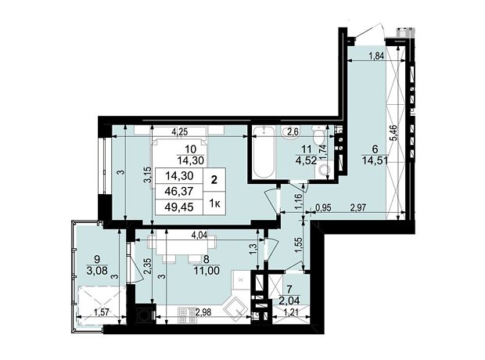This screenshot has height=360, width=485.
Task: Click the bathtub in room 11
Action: tap(264, 153)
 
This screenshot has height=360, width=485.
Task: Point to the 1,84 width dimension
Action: tap(376, 56)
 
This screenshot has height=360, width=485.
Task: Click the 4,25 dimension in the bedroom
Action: tap(180, 131)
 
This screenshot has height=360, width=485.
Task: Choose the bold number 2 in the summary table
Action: tap(214, 180)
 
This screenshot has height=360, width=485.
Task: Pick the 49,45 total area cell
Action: tap(179, 207)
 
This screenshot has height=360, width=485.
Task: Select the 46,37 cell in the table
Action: tap(179, 191)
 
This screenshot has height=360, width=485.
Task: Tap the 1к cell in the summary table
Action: tap(214, 203)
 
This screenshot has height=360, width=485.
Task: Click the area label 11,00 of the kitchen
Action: tap(207, 271)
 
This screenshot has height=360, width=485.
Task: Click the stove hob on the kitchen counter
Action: tap(186, 315)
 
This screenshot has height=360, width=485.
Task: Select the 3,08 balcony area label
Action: tap(97, 271)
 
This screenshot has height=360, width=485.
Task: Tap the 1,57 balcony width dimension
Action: tap(102, 312)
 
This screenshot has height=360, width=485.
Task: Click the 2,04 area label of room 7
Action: tap(289, 300)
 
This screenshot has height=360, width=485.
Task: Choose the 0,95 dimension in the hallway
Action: tap(323, 207)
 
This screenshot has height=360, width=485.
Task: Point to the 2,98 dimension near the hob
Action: tap(203, 312)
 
